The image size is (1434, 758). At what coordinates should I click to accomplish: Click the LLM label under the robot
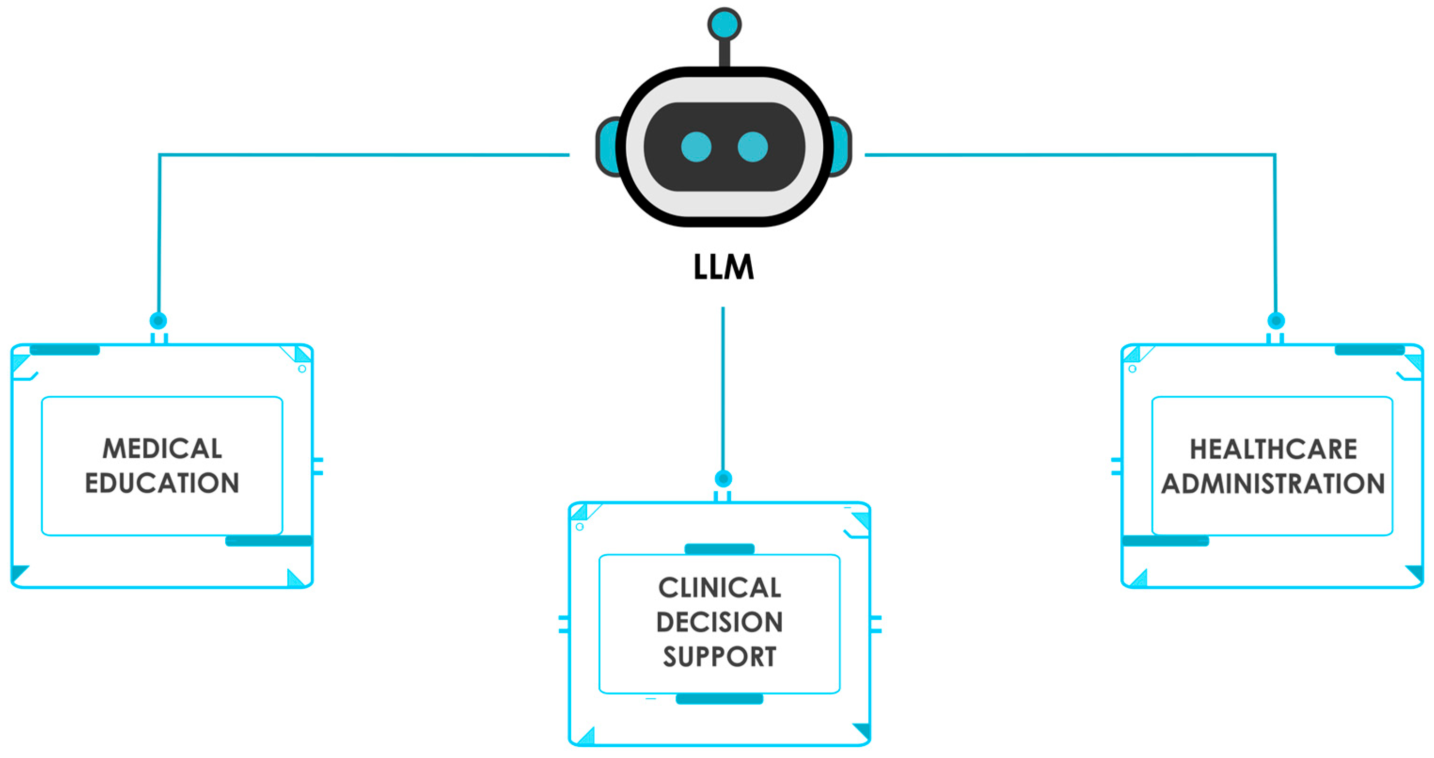point(723,267)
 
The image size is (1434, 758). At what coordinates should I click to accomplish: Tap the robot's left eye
point(696,147)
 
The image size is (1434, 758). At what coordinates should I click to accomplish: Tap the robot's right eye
point(753,147)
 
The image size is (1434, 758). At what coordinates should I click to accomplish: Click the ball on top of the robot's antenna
point(724,24)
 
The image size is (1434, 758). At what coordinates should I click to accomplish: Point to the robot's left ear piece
point(608,147)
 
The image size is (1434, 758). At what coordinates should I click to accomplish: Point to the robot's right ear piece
point(839,147)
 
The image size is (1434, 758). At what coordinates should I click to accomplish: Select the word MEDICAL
point(162,449)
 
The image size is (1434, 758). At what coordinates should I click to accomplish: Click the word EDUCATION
point(162,483)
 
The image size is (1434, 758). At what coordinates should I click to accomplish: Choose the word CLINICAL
point(719,588)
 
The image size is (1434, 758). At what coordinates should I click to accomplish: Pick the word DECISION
point(719,622)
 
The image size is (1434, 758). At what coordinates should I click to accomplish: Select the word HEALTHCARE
point(1273,449)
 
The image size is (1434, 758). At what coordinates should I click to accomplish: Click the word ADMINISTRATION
point(1273,483)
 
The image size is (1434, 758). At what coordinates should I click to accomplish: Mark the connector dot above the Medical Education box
point(158,321)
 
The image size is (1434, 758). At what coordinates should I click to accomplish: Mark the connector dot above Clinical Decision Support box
point(723,479)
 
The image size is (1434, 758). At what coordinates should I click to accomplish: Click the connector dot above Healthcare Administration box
point(1276,321)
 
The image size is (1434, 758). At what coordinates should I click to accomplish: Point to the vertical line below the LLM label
point(723,390)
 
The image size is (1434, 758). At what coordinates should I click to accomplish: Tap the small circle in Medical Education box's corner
point(302,369)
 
